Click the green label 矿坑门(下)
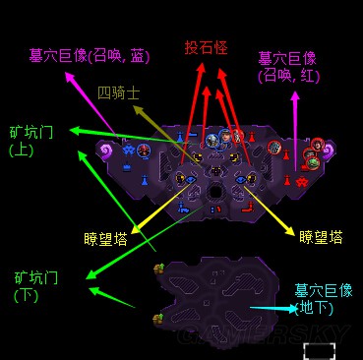(37, 285)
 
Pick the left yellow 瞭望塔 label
(107, 237)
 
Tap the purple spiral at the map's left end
(105, 150)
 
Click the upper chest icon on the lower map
(157, 268)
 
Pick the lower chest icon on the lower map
(157, 319)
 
